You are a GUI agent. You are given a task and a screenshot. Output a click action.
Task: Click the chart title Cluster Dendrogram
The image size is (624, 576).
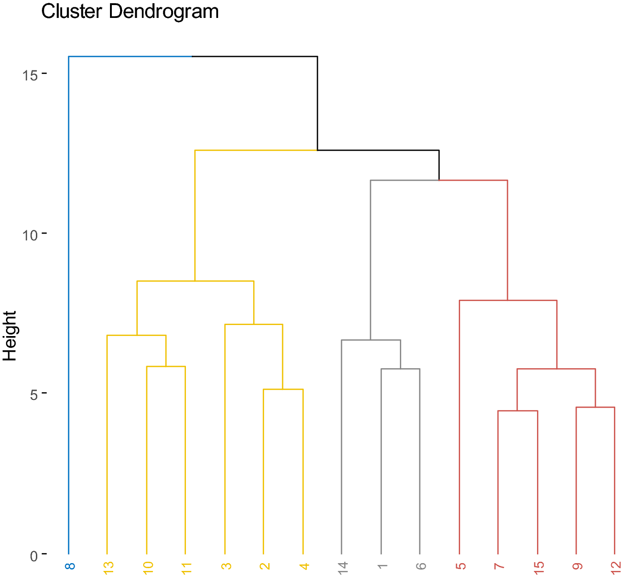click(130, 11)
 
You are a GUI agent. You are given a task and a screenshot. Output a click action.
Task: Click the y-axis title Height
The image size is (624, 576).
click(10, 336)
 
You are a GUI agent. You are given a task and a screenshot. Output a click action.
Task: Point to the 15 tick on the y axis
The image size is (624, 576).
click(30, 74)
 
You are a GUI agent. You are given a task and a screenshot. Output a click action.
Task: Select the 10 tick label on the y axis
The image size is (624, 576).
click(30, 235)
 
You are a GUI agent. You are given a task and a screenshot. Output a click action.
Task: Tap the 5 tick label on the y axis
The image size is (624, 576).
click(34, 395)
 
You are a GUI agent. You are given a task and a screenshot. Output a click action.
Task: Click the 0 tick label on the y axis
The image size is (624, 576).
click(34, 556)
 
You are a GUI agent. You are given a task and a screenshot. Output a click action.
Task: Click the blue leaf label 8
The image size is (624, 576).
click(69, 566)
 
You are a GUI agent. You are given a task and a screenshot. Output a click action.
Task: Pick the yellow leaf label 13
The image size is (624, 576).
click(108, 567)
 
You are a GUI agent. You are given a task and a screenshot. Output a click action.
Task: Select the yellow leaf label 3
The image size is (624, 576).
click(226, 566)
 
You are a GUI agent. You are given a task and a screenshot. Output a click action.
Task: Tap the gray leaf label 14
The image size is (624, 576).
click(342, 567)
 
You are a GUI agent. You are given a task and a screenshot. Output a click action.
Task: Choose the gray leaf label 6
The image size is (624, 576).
click(421, 566)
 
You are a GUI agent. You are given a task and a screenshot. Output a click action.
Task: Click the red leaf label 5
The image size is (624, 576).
click(460, 566)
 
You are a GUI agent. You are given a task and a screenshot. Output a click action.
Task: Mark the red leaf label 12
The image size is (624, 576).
click(616, 567)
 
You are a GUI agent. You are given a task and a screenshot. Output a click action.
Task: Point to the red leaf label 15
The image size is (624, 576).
click(538, 567)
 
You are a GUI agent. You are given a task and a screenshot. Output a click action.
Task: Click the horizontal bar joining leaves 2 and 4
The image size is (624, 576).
click(283, 389)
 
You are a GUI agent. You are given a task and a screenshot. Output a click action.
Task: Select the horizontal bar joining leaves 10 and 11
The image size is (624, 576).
click(166, 366)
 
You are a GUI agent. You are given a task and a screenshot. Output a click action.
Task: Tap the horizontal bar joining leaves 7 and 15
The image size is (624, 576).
click(518, 411)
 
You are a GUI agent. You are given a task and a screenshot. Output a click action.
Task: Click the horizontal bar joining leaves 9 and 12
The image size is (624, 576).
click(595, 407)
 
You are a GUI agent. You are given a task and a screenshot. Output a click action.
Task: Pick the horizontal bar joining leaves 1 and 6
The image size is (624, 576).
click(400, 369)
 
